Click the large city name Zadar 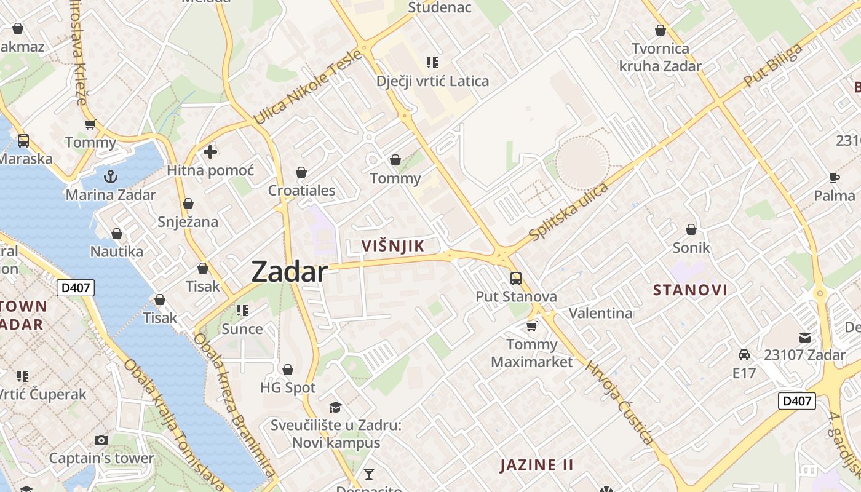click(x=289, y=271)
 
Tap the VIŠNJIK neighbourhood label click(x=392, y=246)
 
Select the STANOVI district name click(x=690, y=290)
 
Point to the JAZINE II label click(x=536, y=465)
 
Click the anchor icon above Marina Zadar click(x=111, y=177)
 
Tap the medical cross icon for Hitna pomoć click(x=210, y=151)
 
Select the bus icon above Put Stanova click(x=516, y=278)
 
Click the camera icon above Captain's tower click(x=101, y=440)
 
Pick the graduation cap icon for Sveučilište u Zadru click(x=335, y=407)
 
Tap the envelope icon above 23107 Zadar click(x=804, y=337)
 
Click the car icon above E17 click(x=744, y=354)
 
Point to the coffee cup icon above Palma click(x=834, y=178)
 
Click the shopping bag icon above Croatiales click(x=301, y=172)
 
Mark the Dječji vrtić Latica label click(x=433, y=81)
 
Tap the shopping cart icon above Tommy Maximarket click(x=531, y=326)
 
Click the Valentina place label click(x=600, y=313)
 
